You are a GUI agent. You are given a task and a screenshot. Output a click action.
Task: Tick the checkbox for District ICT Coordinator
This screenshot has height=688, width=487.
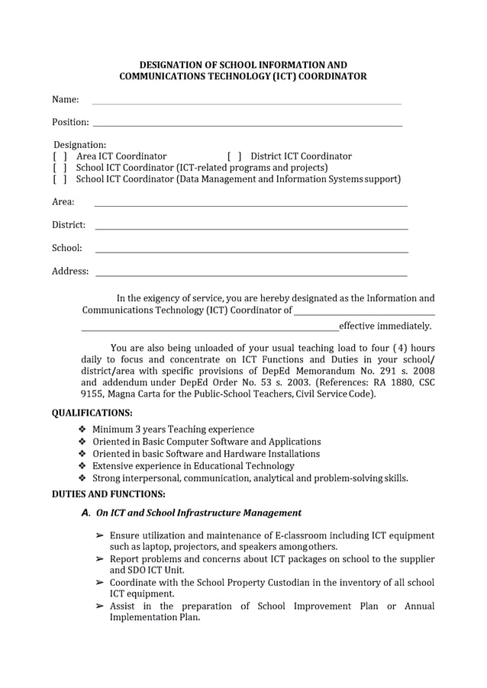click(x=234, y=156)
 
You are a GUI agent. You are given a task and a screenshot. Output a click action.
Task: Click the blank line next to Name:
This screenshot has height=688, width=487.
click(x=246, y=101)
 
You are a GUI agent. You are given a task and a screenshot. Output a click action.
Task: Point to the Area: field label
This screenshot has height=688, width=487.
click(x=63, y=202)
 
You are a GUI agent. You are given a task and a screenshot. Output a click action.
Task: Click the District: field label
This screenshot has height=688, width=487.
click(x=68, y=225)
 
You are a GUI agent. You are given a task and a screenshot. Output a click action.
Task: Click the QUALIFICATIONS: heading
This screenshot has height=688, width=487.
click(x=92, y=413)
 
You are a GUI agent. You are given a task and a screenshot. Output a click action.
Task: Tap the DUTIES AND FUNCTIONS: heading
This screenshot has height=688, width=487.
click(x=108, y=493)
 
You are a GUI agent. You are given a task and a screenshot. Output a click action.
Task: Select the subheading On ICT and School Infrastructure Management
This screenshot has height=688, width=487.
click(x=198, y=513)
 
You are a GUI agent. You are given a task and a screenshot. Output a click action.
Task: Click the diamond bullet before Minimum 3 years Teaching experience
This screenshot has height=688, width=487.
click(x=82, y=429)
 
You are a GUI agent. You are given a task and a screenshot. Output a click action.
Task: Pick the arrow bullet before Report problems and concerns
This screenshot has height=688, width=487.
click(x=99, y=559)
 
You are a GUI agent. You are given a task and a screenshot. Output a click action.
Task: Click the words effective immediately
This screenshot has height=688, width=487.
click(x=385, y=326)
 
